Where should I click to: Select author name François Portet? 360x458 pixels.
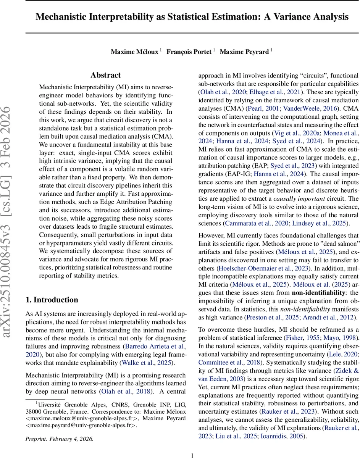(189, 52)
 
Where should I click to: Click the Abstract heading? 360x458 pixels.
(106, 75)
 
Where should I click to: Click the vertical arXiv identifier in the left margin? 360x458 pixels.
(10, 221)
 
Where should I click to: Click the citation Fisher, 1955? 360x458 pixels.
(293, 339)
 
